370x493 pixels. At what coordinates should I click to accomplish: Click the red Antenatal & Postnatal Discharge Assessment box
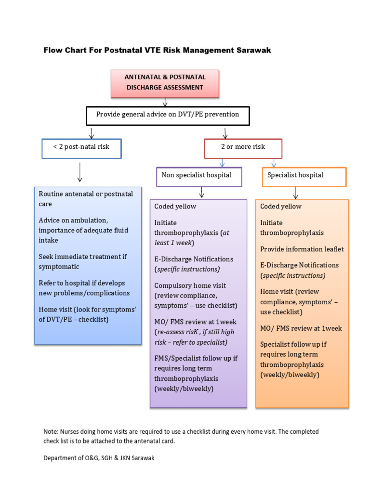pos(165,83)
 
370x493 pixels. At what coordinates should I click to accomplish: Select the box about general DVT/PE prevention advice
pos(168,115)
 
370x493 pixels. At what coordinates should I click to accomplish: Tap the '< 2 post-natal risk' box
pos(81,147)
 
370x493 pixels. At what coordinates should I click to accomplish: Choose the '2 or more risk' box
pos(243,148)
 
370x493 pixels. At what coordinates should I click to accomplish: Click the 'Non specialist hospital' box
pos(199,176)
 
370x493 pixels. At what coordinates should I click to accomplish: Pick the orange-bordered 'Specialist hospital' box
pos(304,176)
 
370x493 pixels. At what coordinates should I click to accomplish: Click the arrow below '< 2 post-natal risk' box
pos(80,172)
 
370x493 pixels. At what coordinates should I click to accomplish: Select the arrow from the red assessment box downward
pos(165,102)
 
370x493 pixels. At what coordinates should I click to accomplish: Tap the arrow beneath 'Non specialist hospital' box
pos(201,193)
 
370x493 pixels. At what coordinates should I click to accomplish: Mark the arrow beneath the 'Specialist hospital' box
pos(295,193)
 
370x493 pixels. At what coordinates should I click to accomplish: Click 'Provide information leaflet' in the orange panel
pos(302,249)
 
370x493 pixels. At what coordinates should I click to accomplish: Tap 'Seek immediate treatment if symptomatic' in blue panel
pos(82,261)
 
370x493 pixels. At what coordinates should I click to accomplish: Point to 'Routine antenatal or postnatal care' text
pos(86,198)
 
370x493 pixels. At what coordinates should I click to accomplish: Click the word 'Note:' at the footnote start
pos(51,432)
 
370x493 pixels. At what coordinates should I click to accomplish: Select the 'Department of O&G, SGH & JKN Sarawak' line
pos(99,458)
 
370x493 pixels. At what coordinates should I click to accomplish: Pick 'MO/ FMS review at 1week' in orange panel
pos(301,328)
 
